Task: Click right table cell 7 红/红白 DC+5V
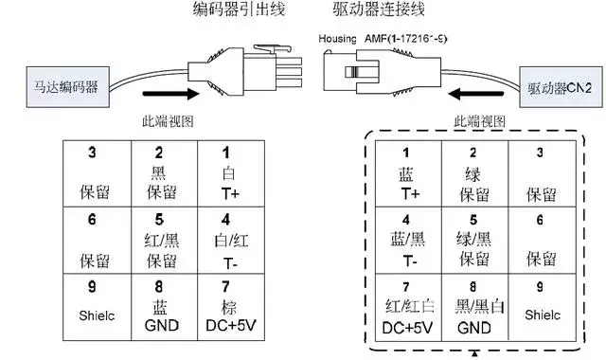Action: tap(408, 307)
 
